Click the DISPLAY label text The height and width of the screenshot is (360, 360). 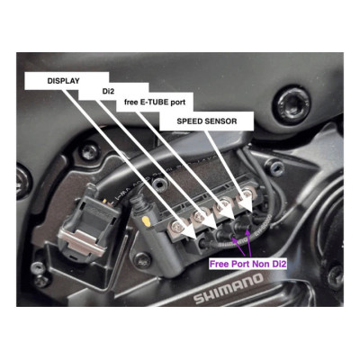pyautogui.click(x=63, y=81)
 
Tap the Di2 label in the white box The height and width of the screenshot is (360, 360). pyautogui.click(x=108, y=92)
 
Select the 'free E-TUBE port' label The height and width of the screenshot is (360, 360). pyautogui.click(x=155, y=103)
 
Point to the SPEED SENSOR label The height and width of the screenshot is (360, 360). pyautogui.click(x=207, y=121)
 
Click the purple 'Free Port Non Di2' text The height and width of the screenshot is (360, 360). pyautogui.click(x=247, y=265)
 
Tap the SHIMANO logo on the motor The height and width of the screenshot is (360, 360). pyautogui.click(x=229, y=288)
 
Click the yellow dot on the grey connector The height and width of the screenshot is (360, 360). pyautogui.click(x=146, y=221)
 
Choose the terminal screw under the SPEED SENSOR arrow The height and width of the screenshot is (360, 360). pyautogui.click(x=247, y=194)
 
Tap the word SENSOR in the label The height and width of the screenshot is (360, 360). pyautogui.click(x=221, y=121)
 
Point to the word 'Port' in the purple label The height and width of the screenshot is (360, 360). pyautogui.click(x=241, y=265)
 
